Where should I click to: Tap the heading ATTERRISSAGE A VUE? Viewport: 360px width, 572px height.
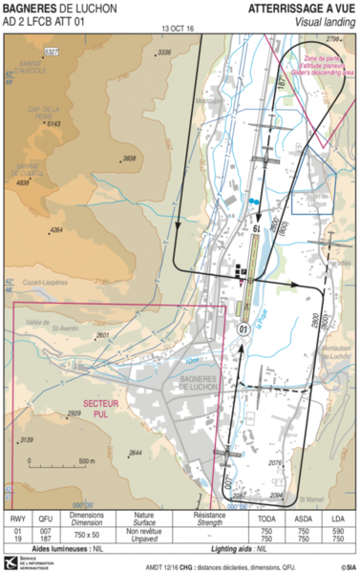point(301,8)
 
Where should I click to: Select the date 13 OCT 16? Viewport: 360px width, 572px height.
point(178,30)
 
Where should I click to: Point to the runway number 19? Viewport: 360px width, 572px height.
point(256,229)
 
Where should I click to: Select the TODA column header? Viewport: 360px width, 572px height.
point(266,520)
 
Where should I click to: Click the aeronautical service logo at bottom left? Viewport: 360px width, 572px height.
point(12,561)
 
